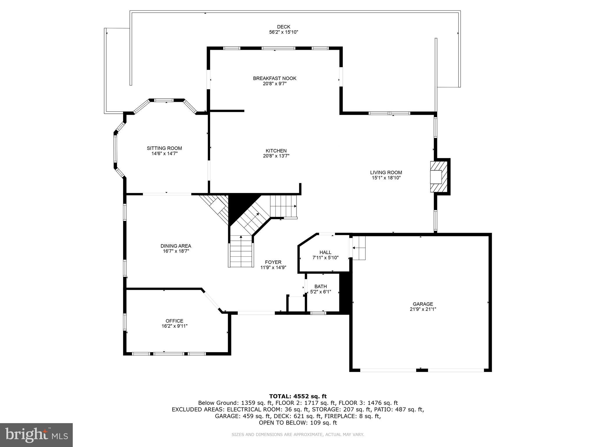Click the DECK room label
(x=283, y=27)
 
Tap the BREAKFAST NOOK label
(x=274, y=78)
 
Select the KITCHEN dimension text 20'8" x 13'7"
(x=276, y=156)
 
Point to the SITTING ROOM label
(x=164, y=148)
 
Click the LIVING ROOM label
(x=386, y=172)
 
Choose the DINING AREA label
(x=176, y=246)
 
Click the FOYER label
(x=273, y=262)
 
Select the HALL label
(x=325, y=252)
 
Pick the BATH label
(x=320, y=286)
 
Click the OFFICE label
(x=174, y=321)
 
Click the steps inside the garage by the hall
(x=359, y=248)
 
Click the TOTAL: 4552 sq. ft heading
(x=298, y=396)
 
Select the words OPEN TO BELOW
(x=281, y=423)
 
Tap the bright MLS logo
(x=36, y=435)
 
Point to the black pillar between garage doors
(x=422, y=370)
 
